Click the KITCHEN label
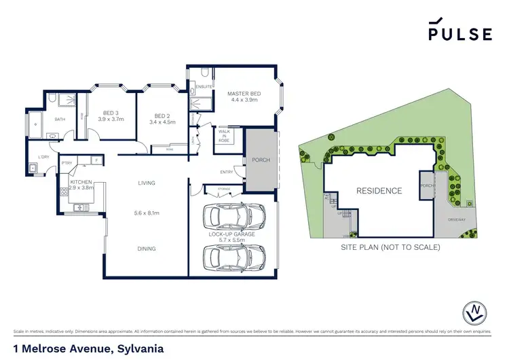[80, 182]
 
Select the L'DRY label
[43, 158]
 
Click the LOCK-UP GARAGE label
[232, 234]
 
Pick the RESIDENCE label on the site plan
[379, 191]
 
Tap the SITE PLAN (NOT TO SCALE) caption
[390, 247]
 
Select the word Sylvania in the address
[138, 348]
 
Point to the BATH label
[60, 120]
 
